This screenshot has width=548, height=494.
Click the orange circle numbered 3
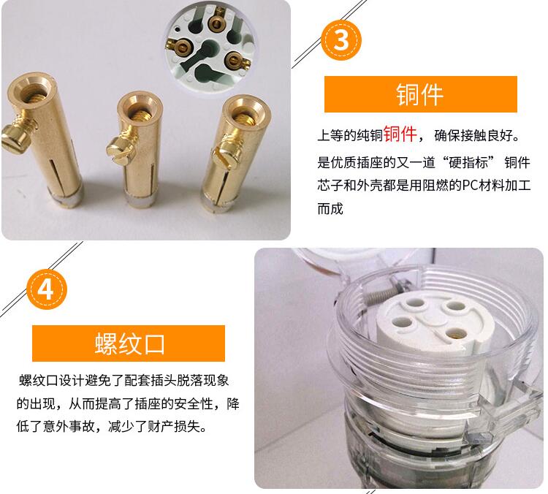pyautogui.click(x=341, y=40)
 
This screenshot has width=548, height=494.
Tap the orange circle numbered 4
pyautogui.click(x=47, y=289)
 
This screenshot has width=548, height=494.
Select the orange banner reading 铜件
pyautogui.click(x=420, y=94)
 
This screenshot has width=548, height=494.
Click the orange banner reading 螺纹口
pyautogui.click(x=129, y=343)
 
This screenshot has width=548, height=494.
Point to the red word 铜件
pyautogui.click(x=400, y=134)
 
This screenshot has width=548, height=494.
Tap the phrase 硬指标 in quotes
pyautogui.click(x=468, y=162)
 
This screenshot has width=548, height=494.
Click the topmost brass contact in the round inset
pyautogui.click(x=217, y=23)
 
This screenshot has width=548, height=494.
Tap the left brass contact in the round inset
pyautogui.click(x=180, y=46)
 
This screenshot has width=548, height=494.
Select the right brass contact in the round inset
pyautogui.click(x=235, y=60)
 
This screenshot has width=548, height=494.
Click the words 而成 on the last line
pyautogui.click(x=330, y=209)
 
